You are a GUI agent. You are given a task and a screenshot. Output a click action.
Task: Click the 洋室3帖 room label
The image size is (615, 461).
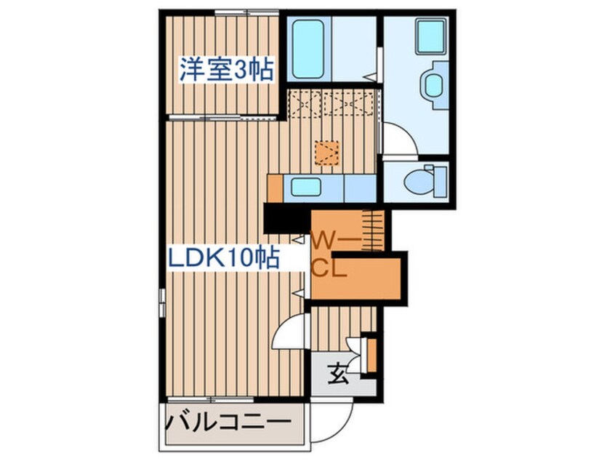pos(226,70)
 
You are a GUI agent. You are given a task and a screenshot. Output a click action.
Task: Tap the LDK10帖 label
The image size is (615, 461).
pos(224,258)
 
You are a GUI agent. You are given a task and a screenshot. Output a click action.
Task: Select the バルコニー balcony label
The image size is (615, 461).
pos(230,422)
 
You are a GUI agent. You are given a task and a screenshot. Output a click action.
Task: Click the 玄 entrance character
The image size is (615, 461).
pos(338,374)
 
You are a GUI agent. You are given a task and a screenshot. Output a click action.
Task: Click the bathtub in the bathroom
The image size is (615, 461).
pos(308,49)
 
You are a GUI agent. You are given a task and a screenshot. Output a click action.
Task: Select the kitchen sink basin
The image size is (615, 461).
pos(306,187)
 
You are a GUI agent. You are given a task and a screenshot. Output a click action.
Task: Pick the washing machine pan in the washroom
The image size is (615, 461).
pos(430,36)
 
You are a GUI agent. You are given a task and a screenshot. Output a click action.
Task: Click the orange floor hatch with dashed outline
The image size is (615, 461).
pos(326,153)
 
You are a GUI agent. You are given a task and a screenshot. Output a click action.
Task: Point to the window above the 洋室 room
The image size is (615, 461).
pos(246,13)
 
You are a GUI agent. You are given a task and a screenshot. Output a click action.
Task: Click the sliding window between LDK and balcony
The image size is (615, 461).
pos(211,400)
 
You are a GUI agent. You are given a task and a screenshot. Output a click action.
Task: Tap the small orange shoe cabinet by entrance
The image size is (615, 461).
pos(371,355)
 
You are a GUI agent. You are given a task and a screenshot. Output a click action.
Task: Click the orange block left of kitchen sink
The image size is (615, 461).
pos(275,189)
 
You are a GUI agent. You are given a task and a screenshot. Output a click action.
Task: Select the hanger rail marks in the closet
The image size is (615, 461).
pos(373,230)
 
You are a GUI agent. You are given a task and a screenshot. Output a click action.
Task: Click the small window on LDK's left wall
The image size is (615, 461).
pos(161,301)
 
